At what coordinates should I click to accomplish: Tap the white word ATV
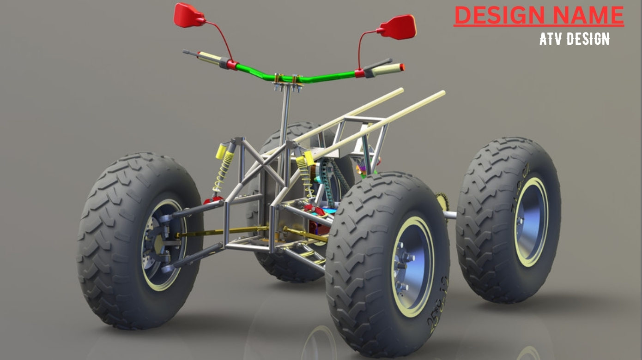553,39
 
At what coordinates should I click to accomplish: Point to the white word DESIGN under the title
588,39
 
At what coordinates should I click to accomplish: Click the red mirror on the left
188,15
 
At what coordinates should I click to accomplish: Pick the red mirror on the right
398,27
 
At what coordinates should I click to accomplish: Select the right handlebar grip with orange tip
387,70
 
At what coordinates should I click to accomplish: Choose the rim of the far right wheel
531,222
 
